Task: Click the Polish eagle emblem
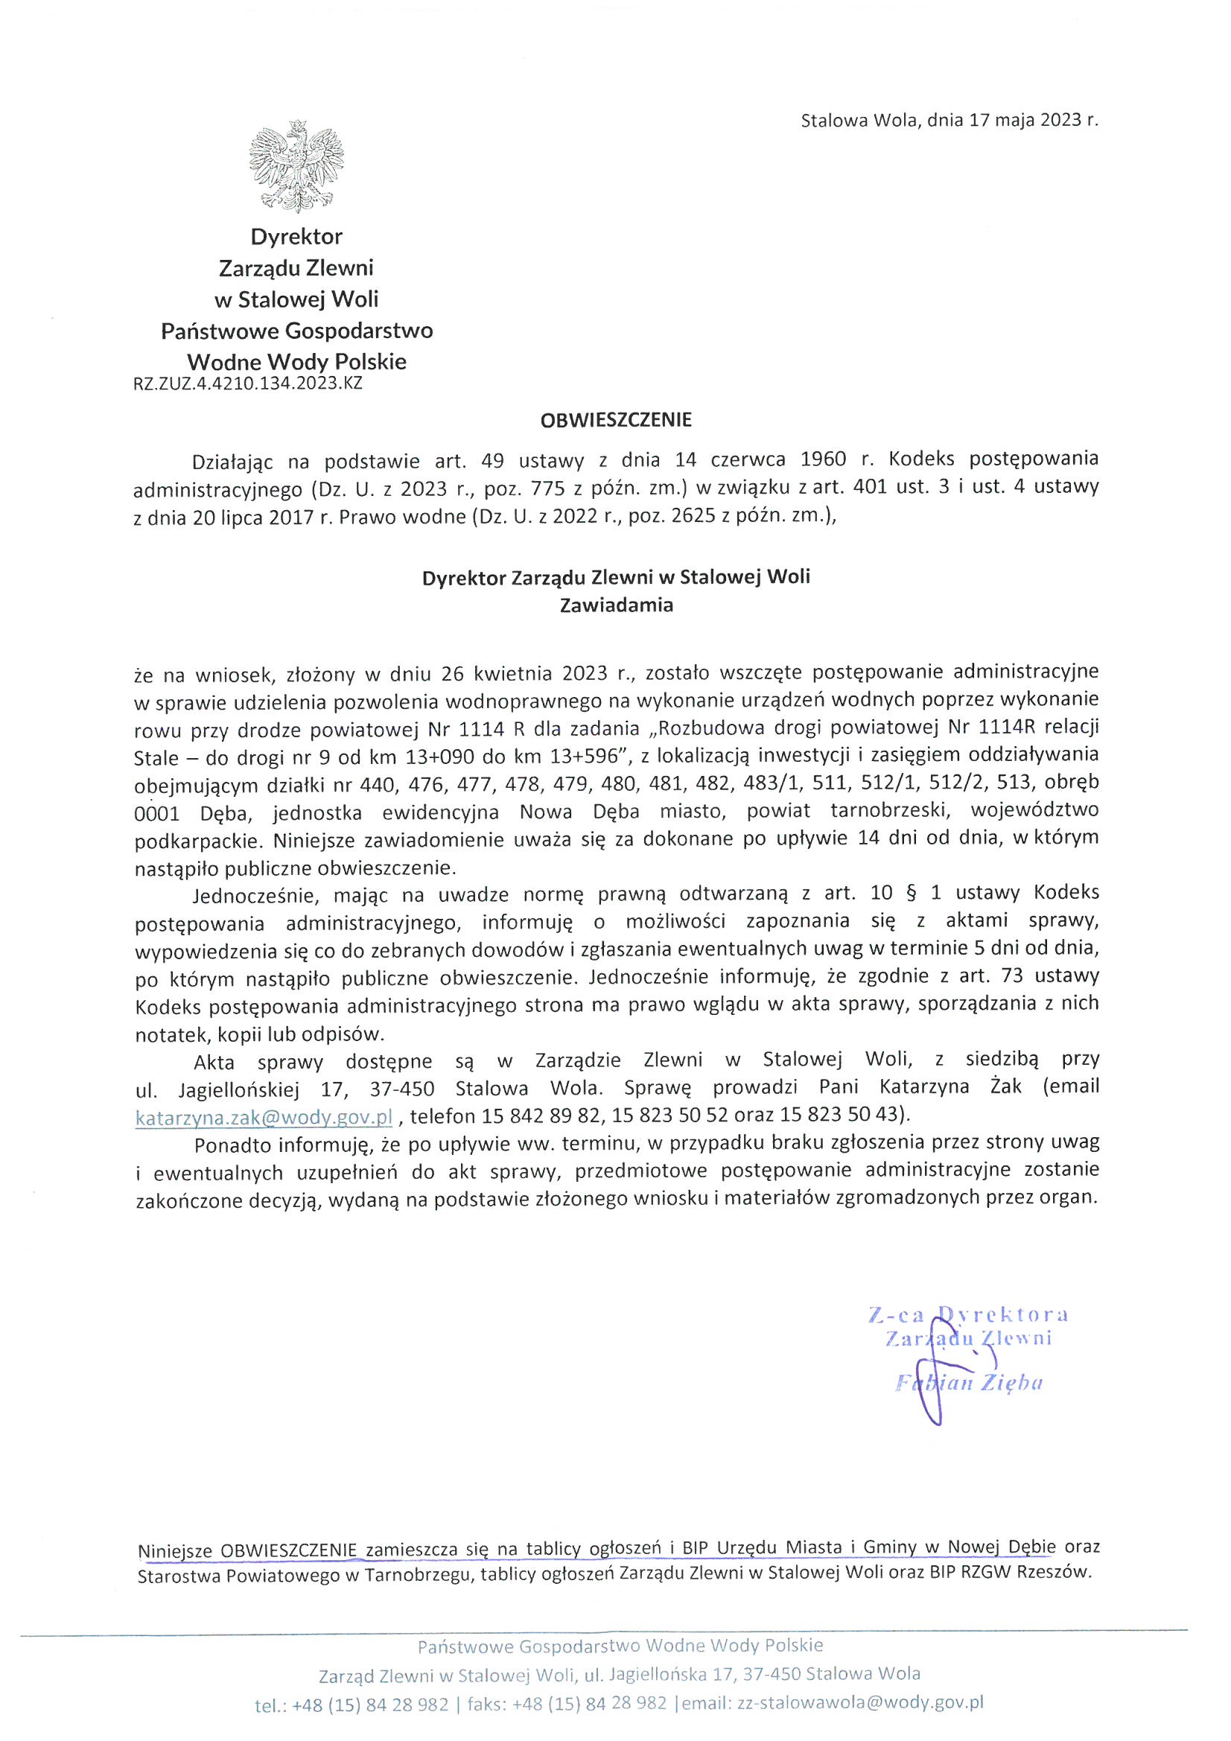pos(296,165)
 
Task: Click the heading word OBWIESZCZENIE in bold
pos(616,420)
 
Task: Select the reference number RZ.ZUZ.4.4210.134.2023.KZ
pos(248,383)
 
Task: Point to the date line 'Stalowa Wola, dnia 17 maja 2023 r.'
pos(949,120)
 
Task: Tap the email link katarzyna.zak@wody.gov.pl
pos(264,1116)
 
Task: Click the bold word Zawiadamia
pos(616,606)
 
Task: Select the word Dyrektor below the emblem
pos(296,237)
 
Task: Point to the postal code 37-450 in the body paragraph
pos(402,1088)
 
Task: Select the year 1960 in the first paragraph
pos(827,459)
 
